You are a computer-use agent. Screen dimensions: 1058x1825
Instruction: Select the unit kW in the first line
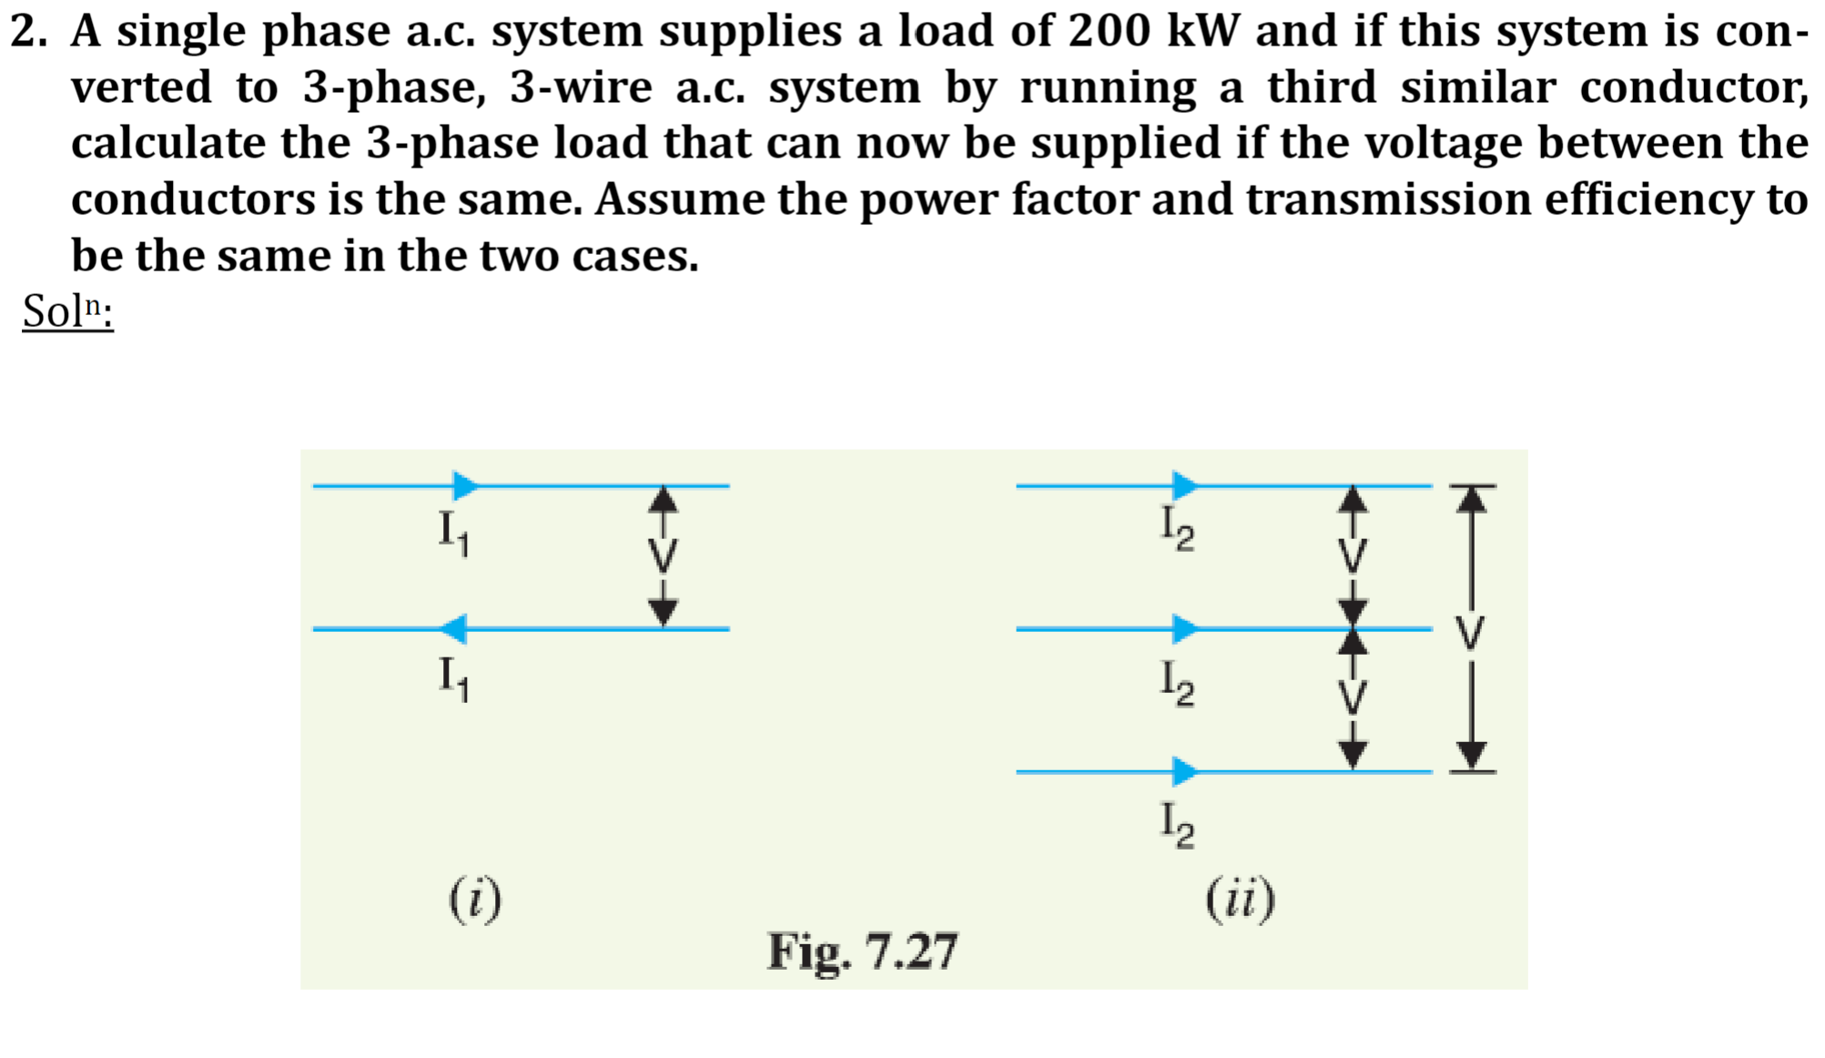(1203, 31)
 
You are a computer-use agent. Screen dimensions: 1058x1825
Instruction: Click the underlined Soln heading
(67, 311)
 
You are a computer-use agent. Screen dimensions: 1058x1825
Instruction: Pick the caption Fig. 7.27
(862, 951)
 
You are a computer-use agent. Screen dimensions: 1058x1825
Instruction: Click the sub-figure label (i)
(474, 900)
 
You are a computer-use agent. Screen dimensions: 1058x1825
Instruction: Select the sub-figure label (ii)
(1240, 900)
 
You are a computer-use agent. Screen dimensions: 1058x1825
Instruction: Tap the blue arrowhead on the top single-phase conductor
(465, 485)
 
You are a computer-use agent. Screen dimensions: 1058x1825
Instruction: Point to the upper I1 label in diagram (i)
(453, 531)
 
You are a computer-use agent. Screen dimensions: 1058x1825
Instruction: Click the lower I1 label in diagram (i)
(453, 678)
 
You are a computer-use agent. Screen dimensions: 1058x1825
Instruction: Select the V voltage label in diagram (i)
(664, 555)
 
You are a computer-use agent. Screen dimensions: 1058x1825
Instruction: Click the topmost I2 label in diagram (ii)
(1177, 528)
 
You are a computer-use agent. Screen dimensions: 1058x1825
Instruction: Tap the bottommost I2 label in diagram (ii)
(1177, 825)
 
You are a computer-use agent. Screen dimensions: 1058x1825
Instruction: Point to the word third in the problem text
(1322, 88)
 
